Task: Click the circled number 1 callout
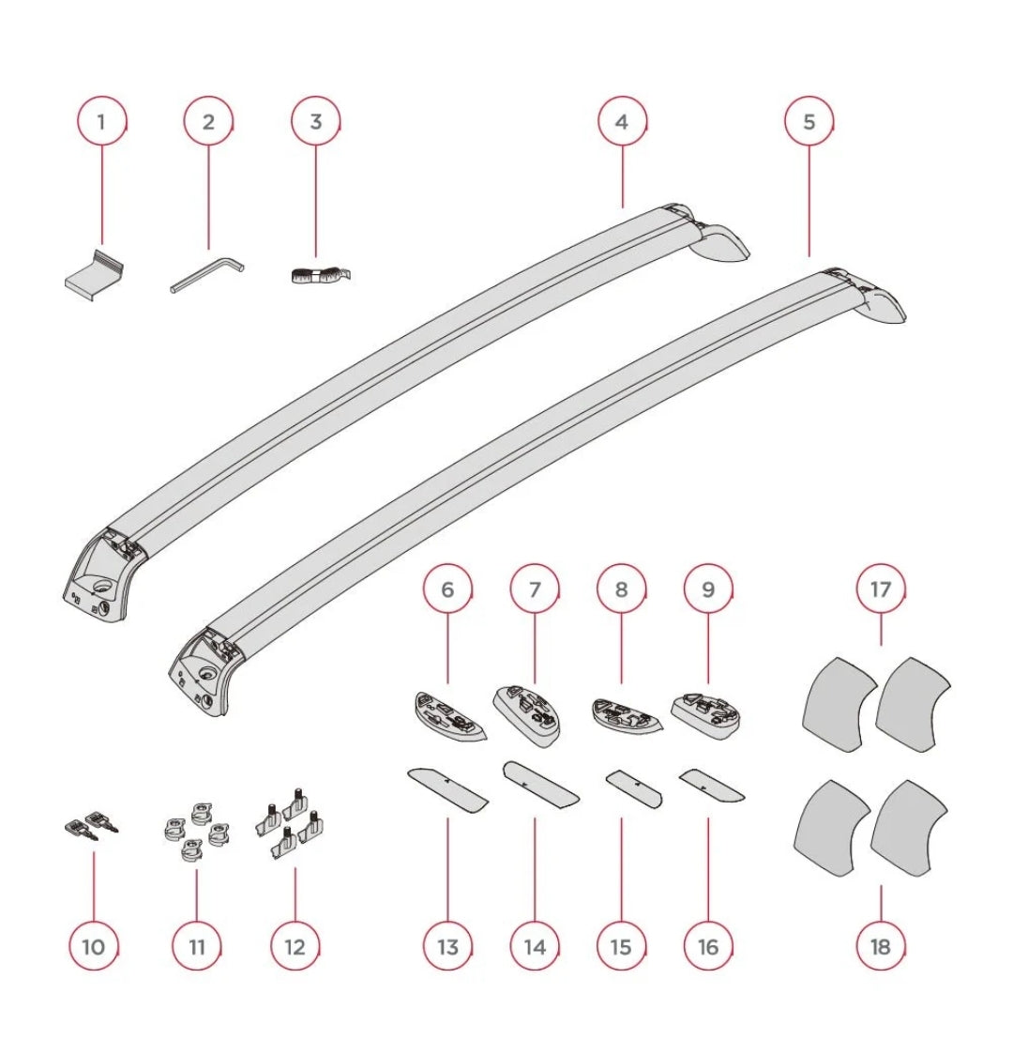click(100, 121)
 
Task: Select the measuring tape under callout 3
click(316, 276)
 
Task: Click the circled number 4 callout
click(621, 121)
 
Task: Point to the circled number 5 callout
click(809, 121)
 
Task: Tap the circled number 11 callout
click(197, 946)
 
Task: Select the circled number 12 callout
click(295, 946)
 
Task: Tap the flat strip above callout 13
click(447, 790)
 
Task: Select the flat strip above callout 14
click(540, 783)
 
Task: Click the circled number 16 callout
click(708, 946)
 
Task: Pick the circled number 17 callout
click(880, 589)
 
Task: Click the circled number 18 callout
click(880, 946)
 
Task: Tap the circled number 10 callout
click(94, 946)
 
